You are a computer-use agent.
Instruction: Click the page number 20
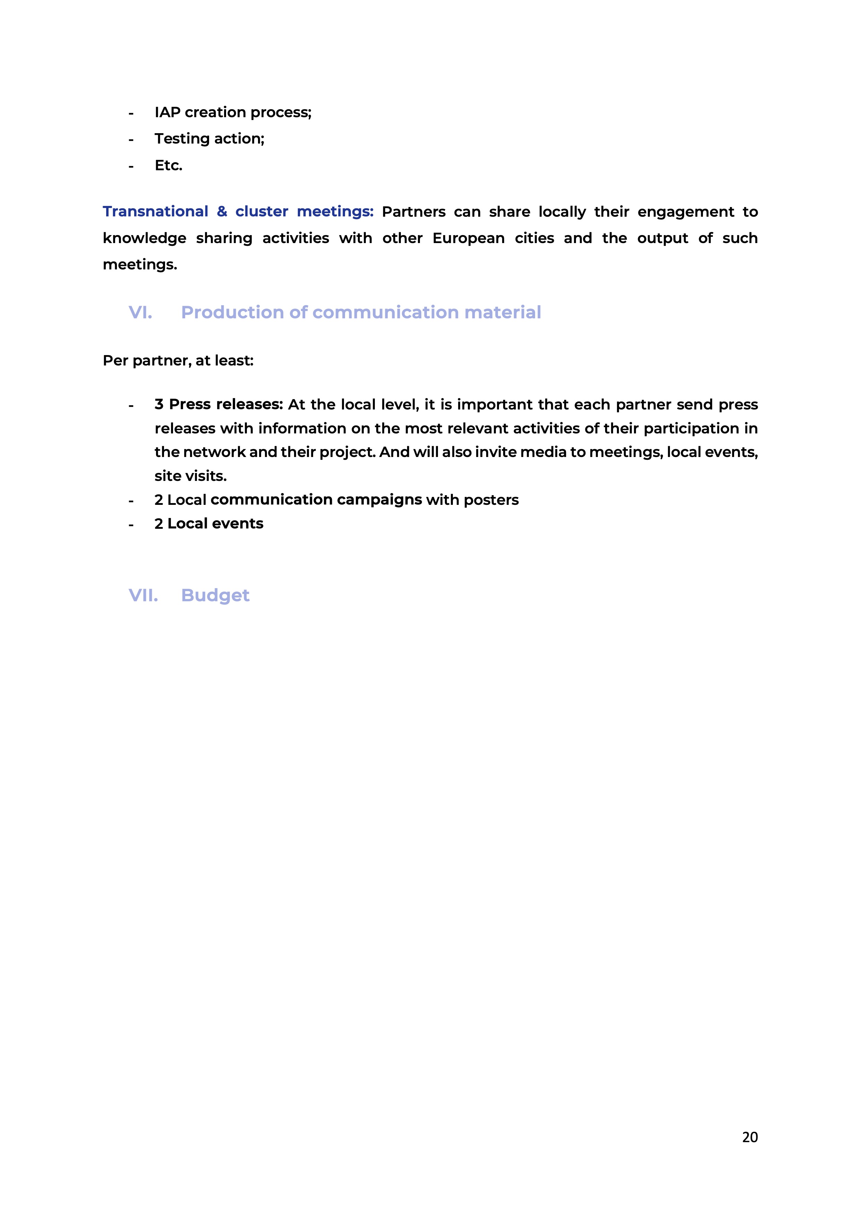[x=749, y=1137]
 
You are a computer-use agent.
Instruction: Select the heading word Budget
[x=215, y=595]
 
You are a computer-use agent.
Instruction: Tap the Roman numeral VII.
[x=143, y=595]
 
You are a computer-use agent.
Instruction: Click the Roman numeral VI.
[x=140, y=312]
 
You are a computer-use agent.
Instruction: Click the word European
[x=468, y=238]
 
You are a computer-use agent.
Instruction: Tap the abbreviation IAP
[x=167, y=112]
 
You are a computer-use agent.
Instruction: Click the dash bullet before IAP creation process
[x=131, y=113]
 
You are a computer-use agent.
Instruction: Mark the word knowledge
[x=144, y=238]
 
